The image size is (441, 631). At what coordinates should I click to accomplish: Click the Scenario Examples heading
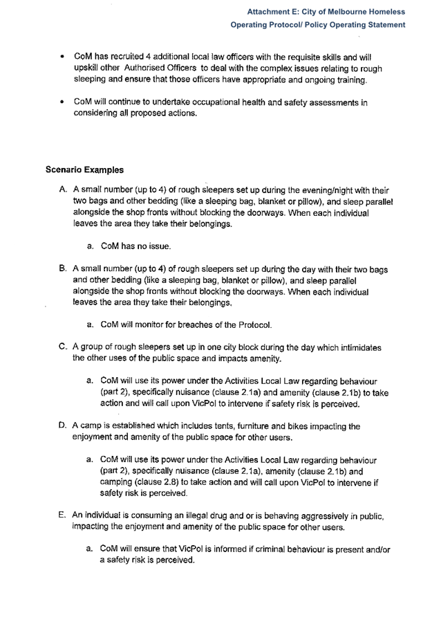click(x=84, y=168)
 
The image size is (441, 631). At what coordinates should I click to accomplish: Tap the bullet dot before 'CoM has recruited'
click(x=63, y=56)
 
